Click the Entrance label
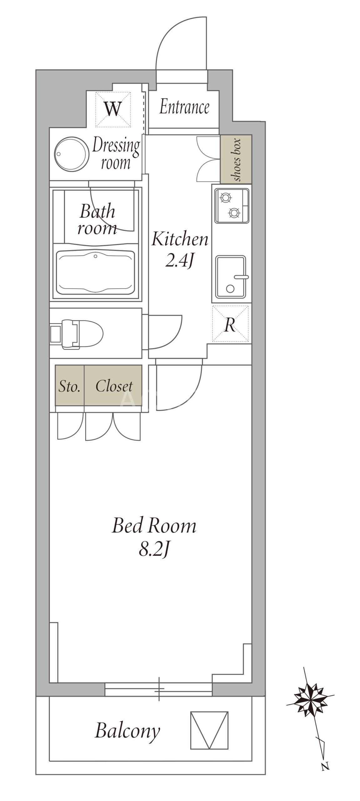click(184, 107)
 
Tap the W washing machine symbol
click(113, 109)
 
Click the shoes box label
click(236, 159)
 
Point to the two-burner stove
click(231, 206)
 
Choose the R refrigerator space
click(230, 324)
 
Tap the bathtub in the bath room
click(95, 271)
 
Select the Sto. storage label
click(69, 386)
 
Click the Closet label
click(114, 386)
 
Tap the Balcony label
click(127, 731)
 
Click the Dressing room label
click(116, 154)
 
